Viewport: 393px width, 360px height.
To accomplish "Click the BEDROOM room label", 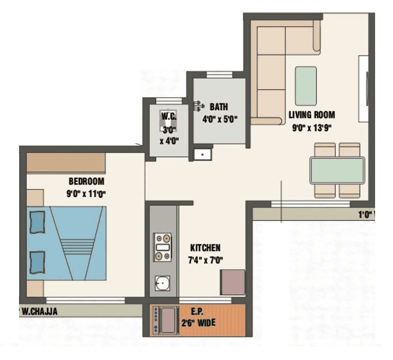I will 86,181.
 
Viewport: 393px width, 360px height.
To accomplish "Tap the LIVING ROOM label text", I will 311,115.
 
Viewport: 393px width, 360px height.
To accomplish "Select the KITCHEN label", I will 205,248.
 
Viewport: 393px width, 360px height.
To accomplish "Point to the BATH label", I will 219,107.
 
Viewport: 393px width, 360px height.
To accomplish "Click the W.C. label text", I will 169,116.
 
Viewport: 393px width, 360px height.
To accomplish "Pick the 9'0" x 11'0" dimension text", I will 86,194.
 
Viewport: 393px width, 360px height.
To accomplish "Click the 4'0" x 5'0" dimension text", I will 220,119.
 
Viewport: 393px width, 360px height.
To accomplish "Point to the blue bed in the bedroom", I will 66,243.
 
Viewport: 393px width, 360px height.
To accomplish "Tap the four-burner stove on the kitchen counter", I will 162,248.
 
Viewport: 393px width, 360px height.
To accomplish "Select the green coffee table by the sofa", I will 305,85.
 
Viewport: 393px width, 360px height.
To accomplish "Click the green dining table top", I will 337,170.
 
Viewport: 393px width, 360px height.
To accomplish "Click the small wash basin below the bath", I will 202,154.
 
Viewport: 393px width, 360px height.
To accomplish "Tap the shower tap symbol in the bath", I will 199,105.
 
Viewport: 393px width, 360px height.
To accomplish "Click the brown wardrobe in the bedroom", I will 66,163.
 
